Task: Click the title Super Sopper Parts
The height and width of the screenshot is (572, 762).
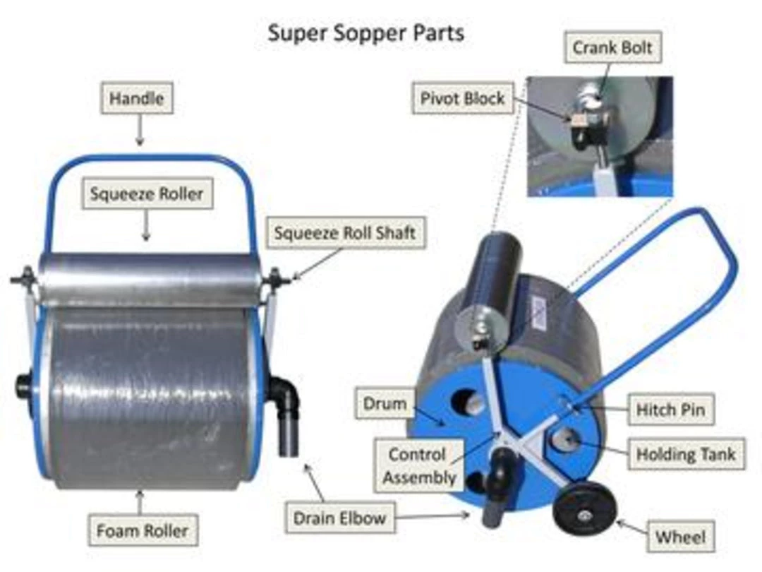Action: [365, 33]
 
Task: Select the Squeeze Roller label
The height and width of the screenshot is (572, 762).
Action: [147, 193]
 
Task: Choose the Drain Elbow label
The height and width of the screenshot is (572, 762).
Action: [340, 518]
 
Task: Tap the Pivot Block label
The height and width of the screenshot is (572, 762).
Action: [462, 98]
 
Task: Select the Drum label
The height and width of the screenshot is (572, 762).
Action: [385, 405]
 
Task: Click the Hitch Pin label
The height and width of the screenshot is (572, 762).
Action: [670, 409]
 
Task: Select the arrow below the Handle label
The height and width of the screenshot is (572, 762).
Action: [140, 131]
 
